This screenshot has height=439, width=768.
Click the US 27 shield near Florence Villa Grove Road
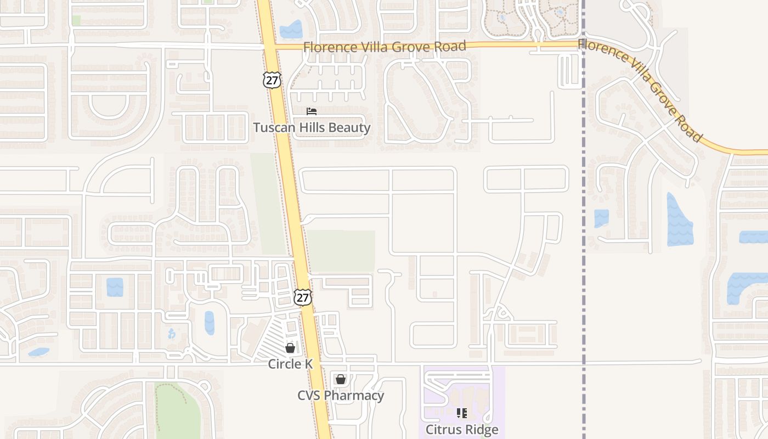(x=272, y=80)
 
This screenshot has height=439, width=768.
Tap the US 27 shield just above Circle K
(x=302, y=297)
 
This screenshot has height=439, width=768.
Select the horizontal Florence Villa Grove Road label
(x=384, y=47)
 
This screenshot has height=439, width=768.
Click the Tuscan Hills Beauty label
(x=312, y=128)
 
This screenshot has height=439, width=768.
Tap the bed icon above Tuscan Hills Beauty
(x=312, y=111)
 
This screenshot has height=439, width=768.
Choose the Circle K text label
(x=290, y=364)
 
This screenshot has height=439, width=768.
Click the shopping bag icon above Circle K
(x=290, y=348)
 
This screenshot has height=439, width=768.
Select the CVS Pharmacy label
(x=340, y=395)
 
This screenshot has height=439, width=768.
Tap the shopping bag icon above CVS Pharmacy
(x=340, y=379)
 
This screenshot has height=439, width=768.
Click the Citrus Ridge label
(x=462, y=429)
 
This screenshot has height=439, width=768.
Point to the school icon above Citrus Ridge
(x=462, y=413)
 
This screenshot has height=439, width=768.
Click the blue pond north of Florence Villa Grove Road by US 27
(x=291, y=30)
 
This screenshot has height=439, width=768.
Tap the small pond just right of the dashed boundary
(x=601, y=218)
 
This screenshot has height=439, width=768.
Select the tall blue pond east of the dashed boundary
(x=679, y=219)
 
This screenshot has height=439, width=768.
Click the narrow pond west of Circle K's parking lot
(x=210, y=323)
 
